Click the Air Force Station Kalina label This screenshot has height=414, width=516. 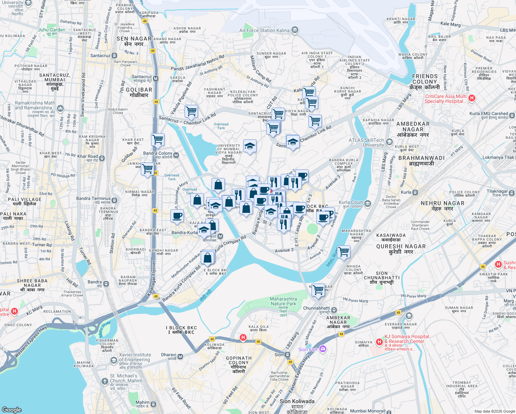click(x=265, y=30)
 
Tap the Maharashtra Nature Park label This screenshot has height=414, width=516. click(x=283, y=301)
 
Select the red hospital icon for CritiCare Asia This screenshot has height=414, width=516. click(x=472, y=98)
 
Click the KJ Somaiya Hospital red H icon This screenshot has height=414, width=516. click(x=379, y=342)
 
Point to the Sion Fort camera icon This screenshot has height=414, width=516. click(x=322, y=349)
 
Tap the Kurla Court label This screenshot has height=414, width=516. click(x=351, y=203)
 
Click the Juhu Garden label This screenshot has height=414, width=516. click(x=51, y=30)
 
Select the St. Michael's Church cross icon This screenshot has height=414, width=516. click(x=105, y=381)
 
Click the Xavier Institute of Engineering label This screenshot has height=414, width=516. click(x=135, y=357)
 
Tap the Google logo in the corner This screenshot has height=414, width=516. click(x=11, y=410)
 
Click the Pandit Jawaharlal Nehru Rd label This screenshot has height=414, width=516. click(x=197, y=63)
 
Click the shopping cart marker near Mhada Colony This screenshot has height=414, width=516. click(x=344, y=252)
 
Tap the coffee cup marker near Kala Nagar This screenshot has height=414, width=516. click(x=177, y=216)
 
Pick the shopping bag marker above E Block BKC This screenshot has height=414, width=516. click(x=208, y=257)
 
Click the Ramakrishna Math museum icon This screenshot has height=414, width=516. click(x=60, y=108)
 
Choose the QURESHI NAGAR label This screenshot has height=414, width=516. click(x=401, y=246)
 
